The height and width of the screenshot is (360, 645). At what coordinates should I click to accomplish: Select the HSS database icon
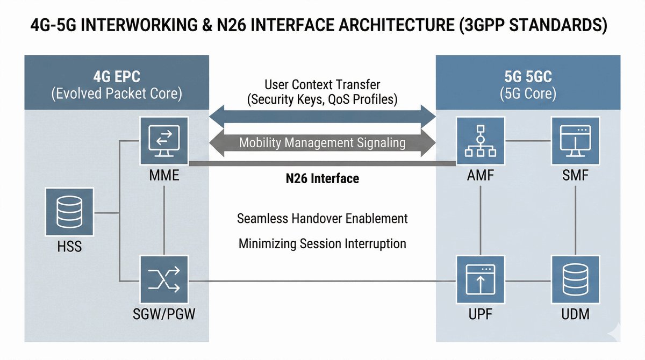pos(69,212)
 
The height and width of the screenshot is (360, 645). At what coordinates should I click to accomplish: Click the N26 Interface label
pos(322,178)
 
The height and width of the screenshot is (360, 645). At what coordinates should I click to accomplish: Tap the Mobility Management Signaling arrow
pos(322,143)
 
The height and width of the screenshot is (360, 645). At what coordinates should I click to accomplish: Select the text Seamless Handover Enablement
pos(322,219)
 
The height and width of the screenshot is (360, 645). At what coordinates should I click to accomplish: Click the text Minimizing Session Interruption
pos(322,244)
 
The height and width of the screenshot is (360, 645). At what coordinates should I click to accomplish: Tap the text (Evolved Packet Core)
pos(116,93)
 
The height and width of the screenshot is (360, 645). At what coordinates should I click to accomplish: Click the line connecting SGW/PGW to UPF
pos(322,281)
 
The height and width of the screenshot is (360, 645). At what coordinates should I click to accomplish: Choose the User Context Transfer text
pos(322,84)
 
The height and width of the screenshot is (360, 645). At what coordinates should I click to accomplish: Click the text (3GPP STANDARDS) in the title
pos(535,25)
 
